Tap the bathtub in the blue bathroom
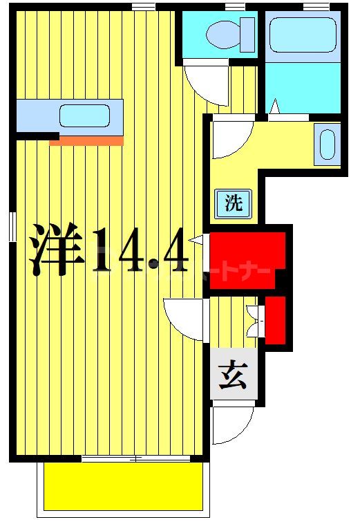point(302,35)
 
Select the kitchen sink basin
point(84,115)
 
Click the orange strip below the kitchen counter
point(86,141)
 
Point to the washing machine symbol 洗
point(234,204)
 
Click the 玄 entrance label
point(234,377)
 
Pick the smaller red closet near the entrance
point(276,319)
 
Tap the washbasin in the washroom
point(327,145)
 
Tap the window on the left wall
point(12,227)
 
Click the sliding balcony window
point(135,458)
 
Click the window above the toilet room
point(235,6)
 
